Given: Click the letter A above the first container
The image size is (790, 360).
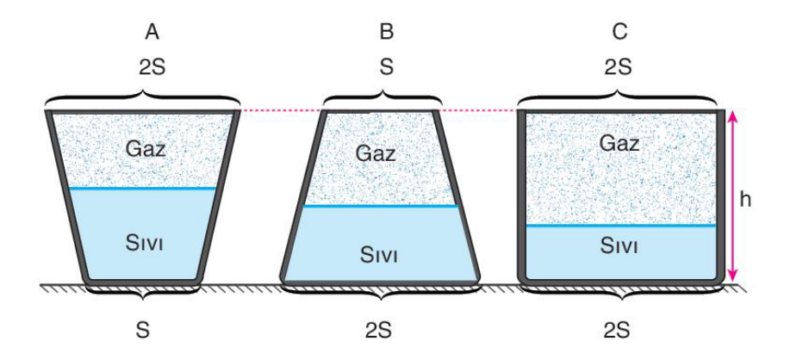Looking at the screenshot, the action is (152, 31).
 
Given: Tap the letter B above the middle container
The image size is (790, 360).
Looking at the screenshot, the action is (387, 31).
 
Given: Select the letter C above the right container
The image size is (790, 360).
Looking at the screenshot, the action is (619, 31).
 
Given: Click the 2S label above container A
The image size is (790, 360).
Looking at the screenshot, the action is (152, 67).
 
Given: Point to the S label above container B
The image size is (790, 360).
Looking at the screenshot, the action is (387, 67).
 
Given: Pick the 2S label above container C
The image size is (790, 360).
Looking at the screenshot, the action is (619, 67).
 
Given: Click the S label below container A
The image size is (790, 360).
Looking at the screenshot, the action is (144, 330).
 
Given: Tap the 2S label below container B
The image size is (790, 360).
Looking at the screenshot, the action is (379, 330).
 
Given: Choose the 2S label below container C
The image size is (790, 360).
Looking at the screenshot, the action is (619, 330).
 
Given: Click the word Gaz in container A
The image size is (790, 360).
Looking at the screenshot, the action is (146, 149).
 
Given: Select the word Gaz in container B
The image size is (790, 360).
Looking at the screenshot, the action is (376, 153).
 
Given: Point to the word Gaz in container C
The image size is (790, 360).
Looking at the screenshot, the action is (619, 144).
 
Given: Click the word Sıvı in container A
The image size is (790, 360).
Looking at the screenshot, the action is (145, 244).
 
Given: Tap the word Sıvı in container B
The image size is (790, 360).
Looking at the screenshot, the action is (379, 254).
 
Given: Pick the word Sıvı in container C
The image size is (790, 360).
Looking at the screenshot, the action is (619, 246).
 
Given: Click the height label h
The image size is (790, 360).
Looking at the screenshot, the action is (746, 200).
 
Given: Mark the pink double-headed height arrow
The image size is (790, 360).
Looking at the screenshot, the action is (732, 196).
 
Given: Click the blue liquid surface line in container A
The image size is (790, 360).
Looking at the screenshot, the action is (143, 189).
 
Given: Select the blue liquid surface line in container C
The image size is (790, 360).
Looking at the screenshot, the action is (620, 226).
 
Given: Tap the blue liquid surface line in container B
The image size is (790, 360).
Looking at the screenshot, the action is (381, 206).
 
